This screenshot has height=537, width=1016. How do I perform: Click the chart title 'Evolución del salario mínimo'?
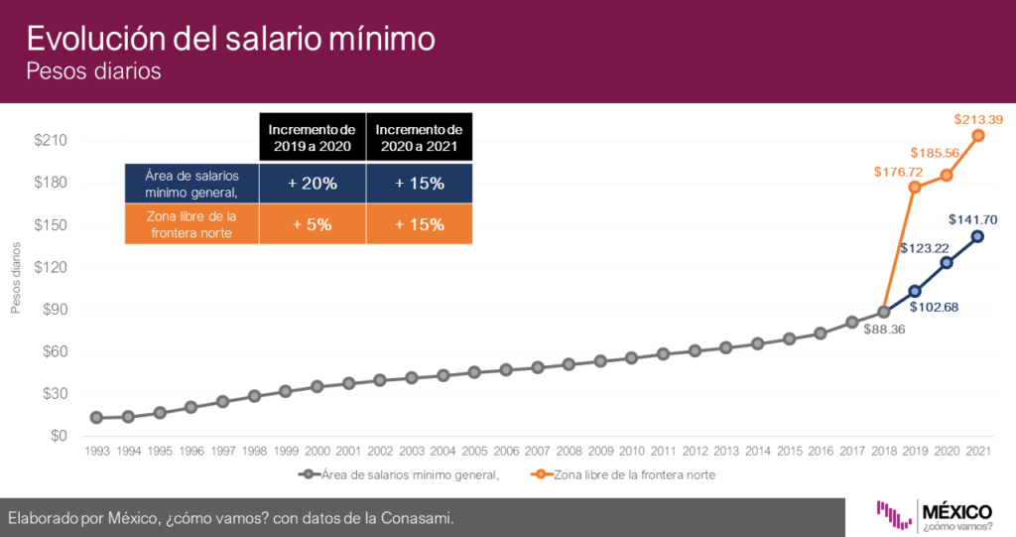(230, 39)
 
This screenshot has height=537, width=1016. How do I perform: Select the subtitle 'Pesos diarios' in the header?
(93, 70)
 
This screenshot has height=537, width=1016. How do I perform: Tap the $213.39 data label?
(978, 119)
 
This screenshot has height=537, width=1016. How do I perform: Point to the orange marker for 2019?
(915, 188)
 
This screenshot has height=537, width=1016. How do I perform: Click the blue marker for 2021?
(977, 236)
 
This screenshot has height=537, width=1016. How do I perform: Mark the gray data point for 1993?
(96, 418)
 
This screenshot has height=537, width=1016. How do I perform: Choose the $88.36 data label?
(884, 330)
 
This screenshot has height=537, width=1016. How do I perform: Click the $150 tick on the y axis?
(51, 225)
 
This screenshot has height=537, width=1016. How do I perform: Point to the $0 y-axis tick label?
(59, 436)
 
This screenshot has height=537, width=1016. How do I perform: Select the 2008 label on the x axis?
(569, 451)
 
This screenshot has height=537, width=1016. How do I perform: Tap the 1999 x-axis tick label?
(286, 451)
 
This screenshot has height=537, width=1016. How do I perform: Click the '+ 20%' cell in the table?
(313, 184)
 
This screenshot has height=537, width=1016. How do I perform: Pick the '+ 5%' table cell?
(313, 224)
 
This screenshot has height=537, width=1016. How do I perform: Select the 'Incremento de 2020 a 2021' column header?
(420, 138)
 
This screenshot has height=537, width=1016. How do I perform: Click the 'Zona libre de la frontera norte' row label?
(191, 224)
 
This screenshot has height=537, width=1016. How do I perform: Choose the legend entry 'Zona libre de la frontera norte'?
(623, 474)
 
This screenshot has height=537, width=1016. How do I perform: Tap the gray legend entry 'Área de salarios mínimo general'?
(399, 474)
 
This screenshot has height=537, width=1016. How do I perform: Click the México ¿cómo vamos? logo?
(934, 515)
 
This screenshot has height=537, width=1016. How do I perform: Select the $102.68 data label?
(934, 307)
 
